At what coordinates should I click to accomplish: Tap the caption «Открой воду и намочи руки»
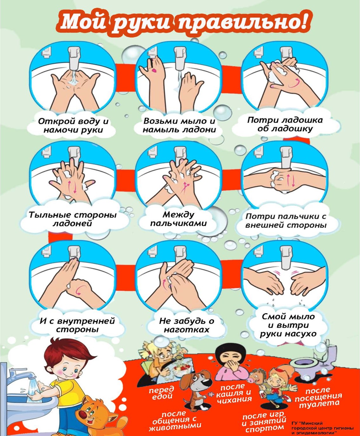[x=73, y=125]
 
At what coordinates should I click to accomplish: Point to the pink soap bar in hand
[x=155, y=70]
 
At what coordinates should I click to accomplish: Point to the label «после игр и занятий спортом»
[x=265, y=422]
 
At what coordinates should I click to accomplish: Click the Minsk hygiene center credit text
[x=322, y=428]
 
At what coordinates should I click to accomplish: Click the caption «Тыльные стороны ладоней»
[x=72, y=219]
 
